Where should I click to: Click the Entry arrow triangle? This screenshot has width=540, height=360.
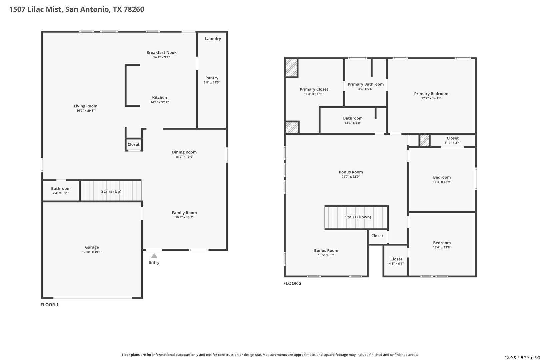click(154, 256)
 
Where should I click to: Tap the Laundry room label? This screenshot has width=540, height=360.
click(213, 39)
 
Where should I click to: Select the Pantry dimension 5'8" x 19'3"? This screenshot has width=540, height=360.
click(212, 82)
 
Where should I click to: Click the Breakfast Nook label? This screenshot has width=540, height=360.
click(161, 52)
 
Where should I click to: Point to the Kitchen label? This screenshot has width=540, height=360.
click(159, 97)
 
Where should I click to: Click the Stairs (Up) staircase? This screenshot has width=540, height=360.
click(111, 191)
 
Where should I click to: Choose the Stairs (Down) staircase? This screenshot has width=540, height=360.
click(356, 217)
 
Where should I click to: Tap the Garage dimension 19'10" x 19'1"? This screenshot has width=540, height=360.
click(92, 252)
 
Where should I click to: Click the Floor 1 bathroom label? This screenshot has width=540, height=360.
click(61, 188)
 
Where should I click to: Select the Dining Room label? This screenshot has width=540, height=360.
click(184, 152)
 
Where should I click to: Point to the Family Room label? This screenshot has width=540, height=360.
click(184, 212)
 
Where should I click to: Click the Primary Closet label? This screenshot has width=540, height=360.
click(314, 89)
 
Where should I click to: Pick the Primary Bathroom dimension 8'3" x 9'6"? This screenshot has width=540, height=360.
click(365, 89)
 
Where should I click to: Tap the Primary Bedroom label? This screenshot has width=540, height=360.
click(431, 94)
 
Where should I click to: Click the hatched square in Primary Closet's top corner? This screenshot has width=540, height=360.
click(291, 68)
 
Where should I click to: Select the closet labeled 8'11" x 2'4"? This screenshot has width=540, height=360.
click(452, 140)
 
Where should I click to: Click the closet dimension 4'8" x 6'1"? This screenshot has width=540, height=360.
click(396, 264)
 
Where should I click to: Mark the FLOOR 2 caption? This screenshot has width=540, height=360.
click(292, 283)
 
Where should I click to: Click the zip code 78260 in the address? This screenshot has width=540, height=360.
click(134, 9)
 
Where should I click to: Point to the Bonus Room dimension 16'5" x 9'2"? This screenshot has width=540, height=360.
click(326, 255)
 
